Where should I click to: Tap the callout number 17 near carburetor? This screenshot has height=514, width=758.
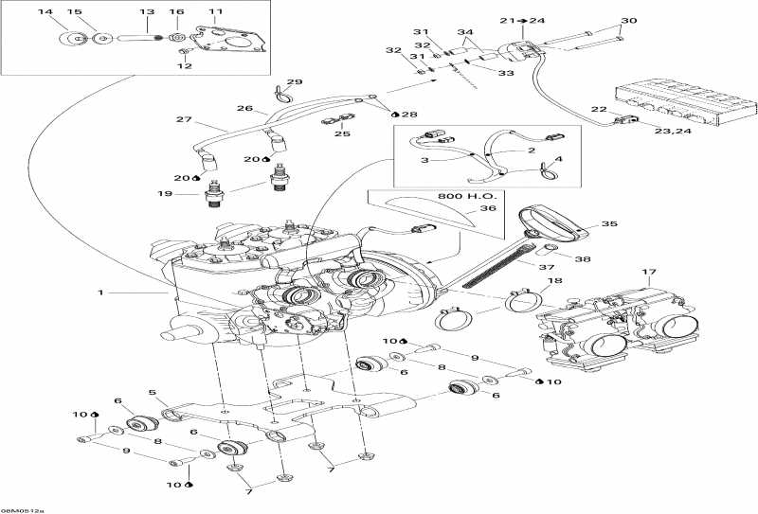pyautogui.click(x=648, y=273)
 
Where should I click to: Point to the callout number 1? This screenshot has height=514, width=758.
pyautogui.click(x=99, y=292)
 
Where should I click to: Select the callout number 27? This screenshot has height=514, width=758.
pyautogui.click(x=183, y=119)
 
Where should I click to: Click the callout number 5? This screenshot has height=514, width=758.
pyautogui.click(x=152, y=392)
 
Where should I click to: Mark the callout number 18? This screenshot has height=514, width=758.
pyautogui.click(x=554, y=281)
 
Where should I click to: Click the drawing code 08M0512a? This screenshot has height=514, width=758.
pyautogui.click(x=21, y=508)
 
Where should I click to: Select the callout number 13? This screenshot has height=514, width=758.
pyautogui.click(x=147, y=11)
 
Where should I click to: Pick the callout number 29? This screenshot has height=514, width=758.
pyautogui.click(x=295, y=81)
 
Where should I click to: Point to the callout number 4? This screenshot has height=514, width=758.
pyautogui.click(x=558, y=159)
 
